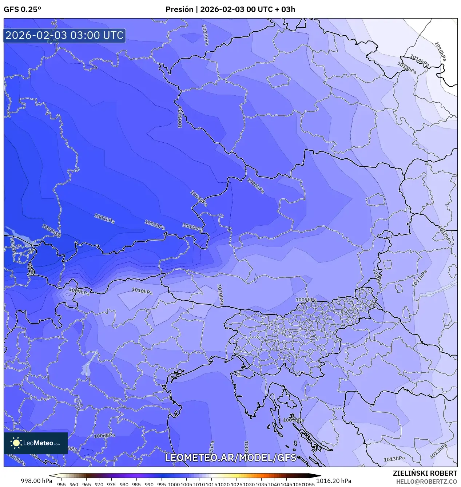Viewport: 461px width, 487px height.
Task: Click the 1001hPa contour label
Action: [x=104, y=219]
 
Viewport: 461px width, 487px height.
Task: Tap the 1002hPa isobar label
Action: [x=155, y=225]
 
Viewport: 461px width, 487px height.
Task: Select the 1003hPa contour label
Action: [x=192, y=227]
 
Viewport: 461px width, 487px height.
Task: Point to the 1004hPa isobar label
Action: [x=199, y=198]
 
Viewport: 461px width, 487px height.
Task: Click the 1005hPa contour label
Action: [x=180, y=117]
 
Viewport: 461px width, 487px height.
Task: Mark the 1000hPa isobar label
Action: [x=51, y=231]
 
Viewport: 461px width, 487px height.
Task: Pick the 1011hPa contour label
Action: [x=419, y=279]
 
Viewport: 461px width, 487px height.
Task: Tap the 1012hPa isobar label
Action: [x=445, y=235]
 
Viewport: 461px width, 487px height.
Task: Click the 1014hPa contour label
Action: [x=420, y=60]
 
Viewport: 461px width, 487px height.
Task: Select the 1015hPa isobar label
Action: [x=440, y=51]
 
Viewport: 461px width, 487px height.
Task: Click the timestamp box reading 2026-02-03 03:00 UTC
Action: [x=64, y=35]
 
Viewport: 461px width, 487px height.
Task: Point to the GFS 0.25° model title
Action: [x=22, y=9]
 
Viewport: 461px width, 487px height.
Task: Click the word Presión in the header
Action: [x=179, y=9]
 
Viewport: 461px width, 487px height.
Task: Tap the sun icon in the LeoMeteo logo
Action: [x=16, y=443]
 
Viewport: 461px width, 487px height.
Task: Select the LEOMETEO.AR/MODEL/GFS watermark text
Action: [x=231, y=458]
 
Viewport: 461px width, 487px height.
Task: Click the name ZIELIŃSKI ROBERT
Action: [x=425, y=473]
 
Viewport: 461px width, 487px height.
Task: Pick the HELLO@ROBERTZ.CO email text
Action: [x=426, y=482]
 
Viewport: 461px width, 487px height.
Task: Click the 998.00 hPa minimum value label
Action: [x=36, y=481]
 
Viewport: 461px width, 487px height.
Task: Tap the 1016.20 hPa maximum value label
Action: [x=334, y=481]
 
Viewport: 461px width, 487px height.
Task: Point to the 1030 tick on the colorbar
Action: [x=249, y=484]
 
